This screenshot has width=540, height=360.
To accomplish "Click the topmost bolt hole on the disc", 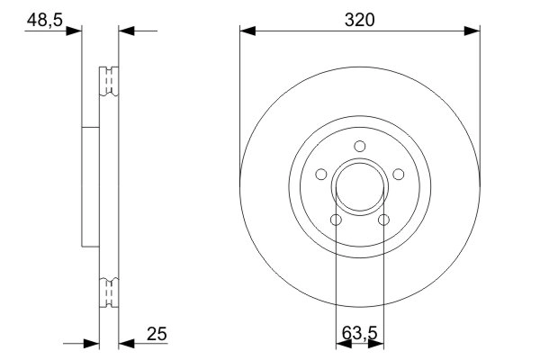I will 359,148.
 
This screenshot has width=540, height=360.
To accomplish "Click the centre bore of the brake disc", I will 359,189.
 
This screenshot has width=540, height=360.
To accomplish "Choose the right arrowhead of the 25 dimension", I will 127,342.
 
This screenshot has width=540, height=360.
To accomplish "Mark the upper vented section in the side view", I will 107,81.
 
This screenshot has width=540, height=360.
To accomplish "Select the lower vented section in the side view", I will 107,292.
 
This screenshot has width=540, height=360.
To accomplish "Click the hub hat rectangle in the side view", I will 88,186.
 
